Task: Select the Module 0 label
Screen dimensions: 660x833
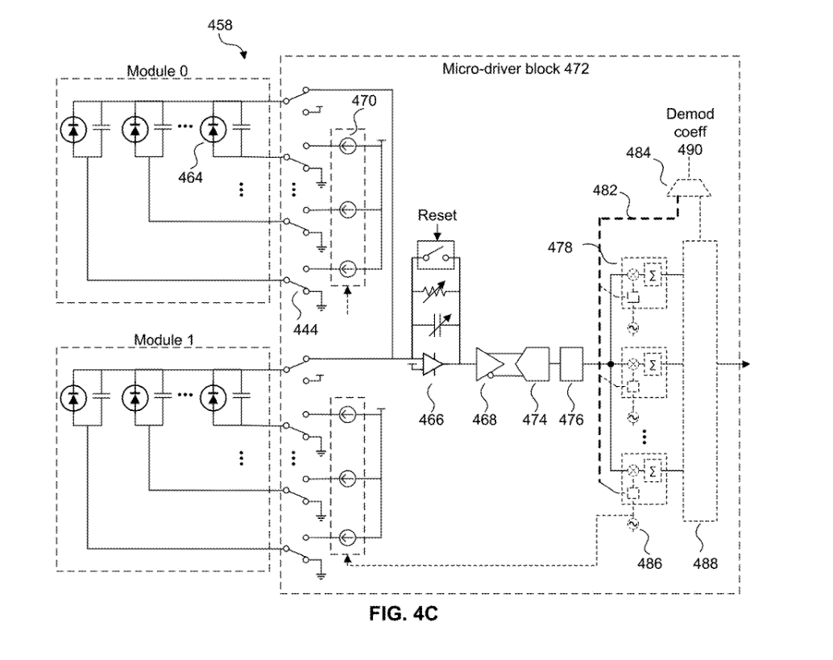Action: coord(158,71)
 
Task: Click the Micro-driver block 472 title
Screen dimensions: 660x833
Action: coord(516,68)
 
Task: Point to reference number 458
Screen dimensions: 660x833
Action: coord(219,25)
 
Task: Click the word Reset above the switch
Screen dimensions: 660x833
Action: coord(437,216)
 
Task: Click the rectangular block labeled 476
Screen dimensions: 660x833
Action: coord(570,363)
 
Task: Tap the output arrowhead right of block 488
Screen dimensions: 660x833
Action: coord(746,364)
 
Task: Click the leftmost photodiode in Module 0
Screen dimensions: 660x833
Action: coord(76,128)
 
